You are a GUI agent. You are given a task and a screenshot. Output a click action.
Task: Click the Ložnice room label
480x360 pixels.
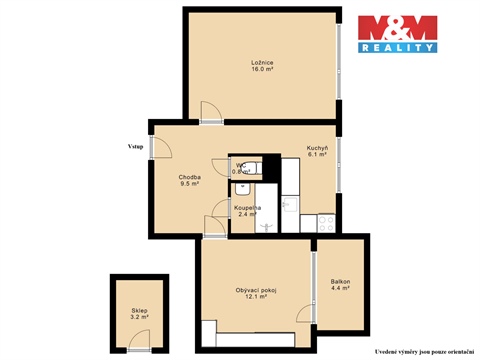coord(263,63)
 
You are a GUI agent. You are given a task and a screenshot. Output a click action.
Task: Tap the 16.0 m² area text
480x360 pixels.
coord(263,71)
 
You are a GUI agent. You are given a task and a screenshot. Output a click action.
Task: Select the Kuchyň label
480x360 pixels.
coord(318,148)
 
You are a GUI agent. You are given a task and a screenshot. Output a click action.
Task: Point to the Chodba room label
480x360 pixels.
coord(176,177)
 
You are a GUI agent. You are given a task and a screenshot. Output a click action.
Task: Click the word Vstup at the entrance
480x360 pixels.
coord(135,147)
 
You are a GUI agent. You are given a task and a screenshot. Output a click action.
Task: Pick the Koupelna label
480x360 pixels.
coord(248,207)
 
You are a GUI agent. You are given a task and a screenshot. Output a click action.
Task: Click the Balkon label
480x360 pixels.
coord(340,282)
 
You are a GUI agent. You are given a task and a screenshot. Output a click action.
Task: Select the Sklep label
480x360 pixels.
coord(139,310)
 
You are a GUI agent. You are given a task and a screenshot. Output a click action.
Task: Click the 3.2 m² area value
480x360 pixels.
coord(139,317)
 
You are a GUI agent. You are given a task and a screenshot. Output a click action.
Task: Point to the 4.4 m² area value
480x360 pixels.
coord(340,289)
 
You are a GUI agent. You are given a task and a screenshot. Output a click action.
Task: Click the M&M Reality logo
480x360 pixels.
coord(398,33)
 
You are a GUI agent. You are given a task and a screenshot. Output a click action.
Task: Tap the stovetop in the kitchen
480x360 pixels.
coord(326,222)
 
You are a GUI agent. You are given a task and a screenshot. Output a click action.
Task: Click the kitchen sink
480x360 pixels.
coord(289,204)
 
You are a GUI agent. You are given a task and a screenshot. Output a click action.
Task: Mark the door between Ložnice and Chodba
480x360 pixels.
coord(211,113)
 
